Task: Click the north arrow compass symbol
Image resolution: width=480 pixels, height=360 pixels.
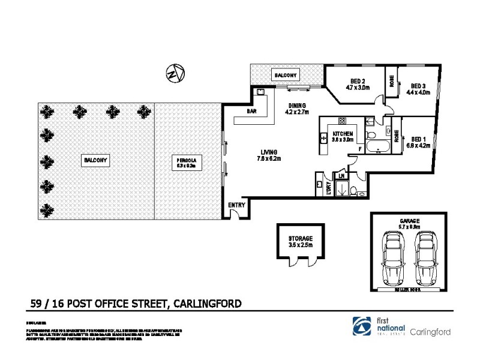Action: coord(174,74)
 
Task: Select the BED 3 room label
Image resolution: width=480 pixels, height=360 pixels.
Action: coord(418,89)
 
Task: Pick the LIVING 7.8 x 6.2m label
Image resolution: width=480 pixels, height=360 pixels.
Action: coord(270,155)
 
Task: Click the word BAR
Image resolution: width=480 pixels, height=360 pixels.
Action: coord(252,112)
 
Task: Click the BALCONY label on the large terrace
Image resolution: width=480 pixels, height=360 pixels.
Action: coord(95,160)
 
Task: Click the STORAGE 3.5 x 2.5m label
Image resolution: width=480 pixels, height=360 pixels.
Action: coord(301,242)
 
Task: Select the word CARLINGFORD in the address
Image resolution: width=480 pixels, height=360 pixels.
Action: coord(207,304)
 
